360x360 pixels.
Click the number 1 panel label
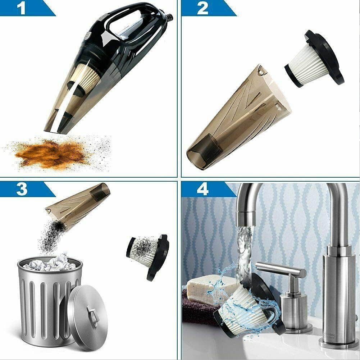(x=22, y=8)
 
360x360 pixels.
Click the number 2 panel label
(x=203, y=8)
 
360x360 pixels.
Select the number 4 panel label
(x=203, y=189)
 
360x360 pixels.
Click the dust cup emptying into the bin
(x=77, y=207)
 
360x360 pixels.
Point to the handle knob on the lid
(x=93, y=316)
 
